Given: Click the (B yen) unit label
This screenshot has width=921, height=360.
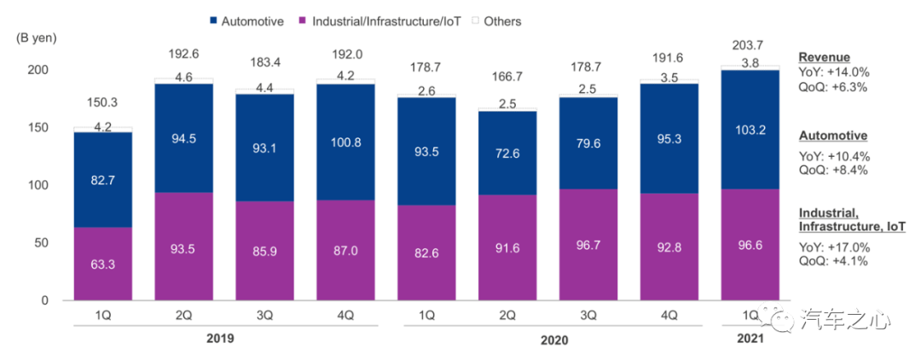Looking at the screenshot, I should click(x=36, y=38).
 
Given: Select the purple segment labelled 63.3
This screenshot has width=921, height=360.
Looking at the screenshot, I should click(x=102, y=264).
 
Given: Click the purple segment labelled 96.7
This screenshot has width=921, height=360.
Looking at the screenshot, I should click(x=589, y=244).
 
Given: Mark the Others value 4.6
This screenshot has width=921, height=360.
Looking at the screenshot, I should click(x=183, y=77).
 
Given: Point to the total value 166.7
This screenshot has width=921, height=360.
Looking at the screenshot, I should click(x=508, y=76).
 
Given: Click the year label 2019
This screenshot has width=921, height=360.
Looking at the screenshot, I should click(x=220, y=338).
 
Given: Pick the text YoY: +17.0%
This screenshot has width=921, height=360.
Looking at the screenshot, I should click(x=834, y=248).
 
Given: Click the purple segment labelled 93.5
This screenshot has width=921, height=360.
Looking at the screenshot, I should click(x=183, y=246).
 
